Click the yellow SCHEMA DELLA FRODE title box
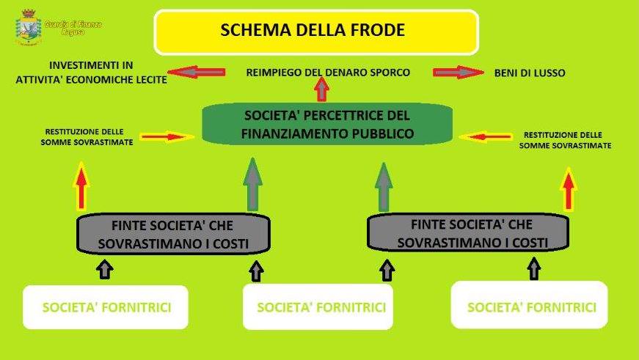pyautogui.click(x=315, y=32)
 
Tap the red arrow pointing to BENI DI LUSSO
pyautogui.click(x=458, y=73)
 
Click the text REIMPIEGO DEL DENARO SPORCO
pyautogui.click(x=328, y=73)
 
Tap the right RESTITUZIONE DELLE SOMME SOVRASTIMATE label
pyautogui.click(x=565, y=140)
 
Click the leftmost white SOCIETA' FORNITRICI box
pyautogui.click(x=106, y=306)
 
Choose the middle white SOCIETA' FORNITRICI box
pyautogui.click(x=321, y=306)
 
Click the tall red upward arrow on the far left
pyautogui.click(x=81, y=187)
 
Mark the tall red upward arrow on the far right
pyautogui.click(x=568, y=188)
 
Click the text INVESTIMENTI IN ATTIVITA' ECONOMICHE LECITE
pyautogui.click(x=91, y=73)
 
